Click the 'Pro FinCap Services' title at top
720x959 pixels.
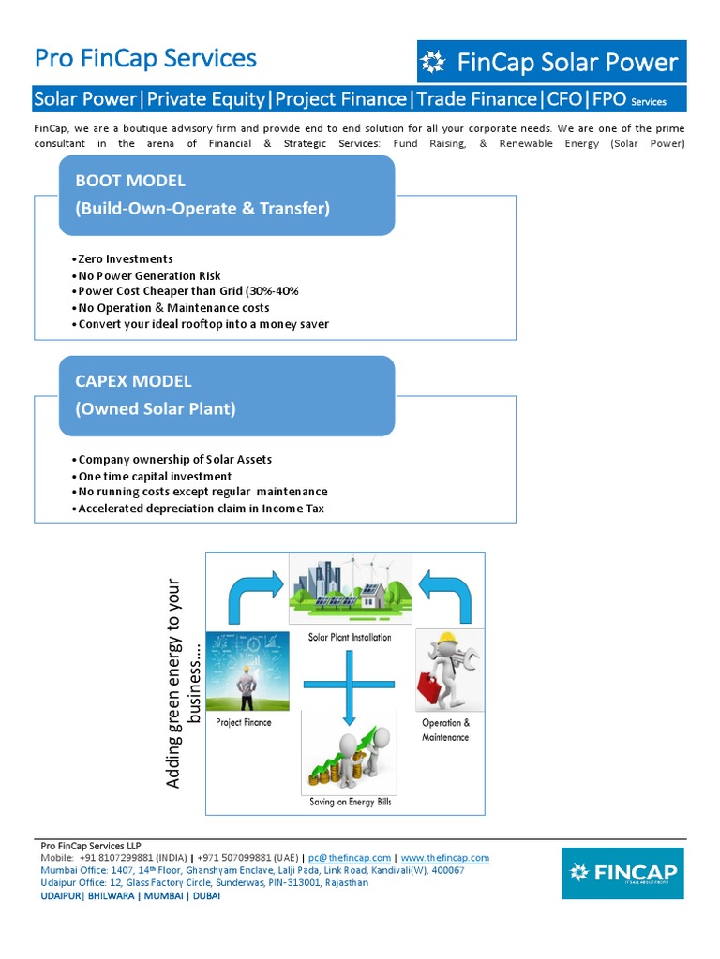(145, 58)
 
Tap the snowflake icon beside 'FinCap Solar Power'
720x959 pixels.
(433, 63)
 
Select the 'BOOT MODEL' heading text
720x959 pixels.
(130, 181)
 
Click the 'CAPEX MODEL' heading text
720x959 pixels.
(133, 381)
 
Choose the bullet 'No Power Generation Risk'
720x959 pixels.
(150, 275)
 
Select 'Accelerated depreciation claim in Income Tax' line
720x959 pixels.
(202, 509)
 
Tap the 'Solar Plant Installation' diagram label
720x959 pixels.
(350, 637)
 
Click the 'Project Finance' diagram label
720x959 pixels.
(243, 722)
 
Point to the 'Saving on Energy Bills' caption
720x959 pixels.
(350, 803)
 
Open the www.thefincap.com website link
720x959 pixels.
(444, 858)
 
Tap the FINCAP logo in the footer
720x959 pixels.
(622, 873)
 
